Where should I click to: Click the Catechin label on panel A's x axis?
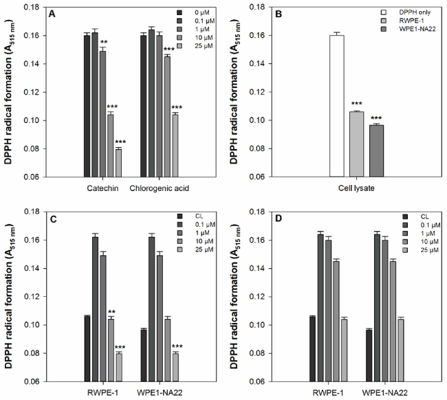[102, 188]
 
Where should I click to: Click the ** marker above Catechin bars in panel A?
[103, 43]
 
